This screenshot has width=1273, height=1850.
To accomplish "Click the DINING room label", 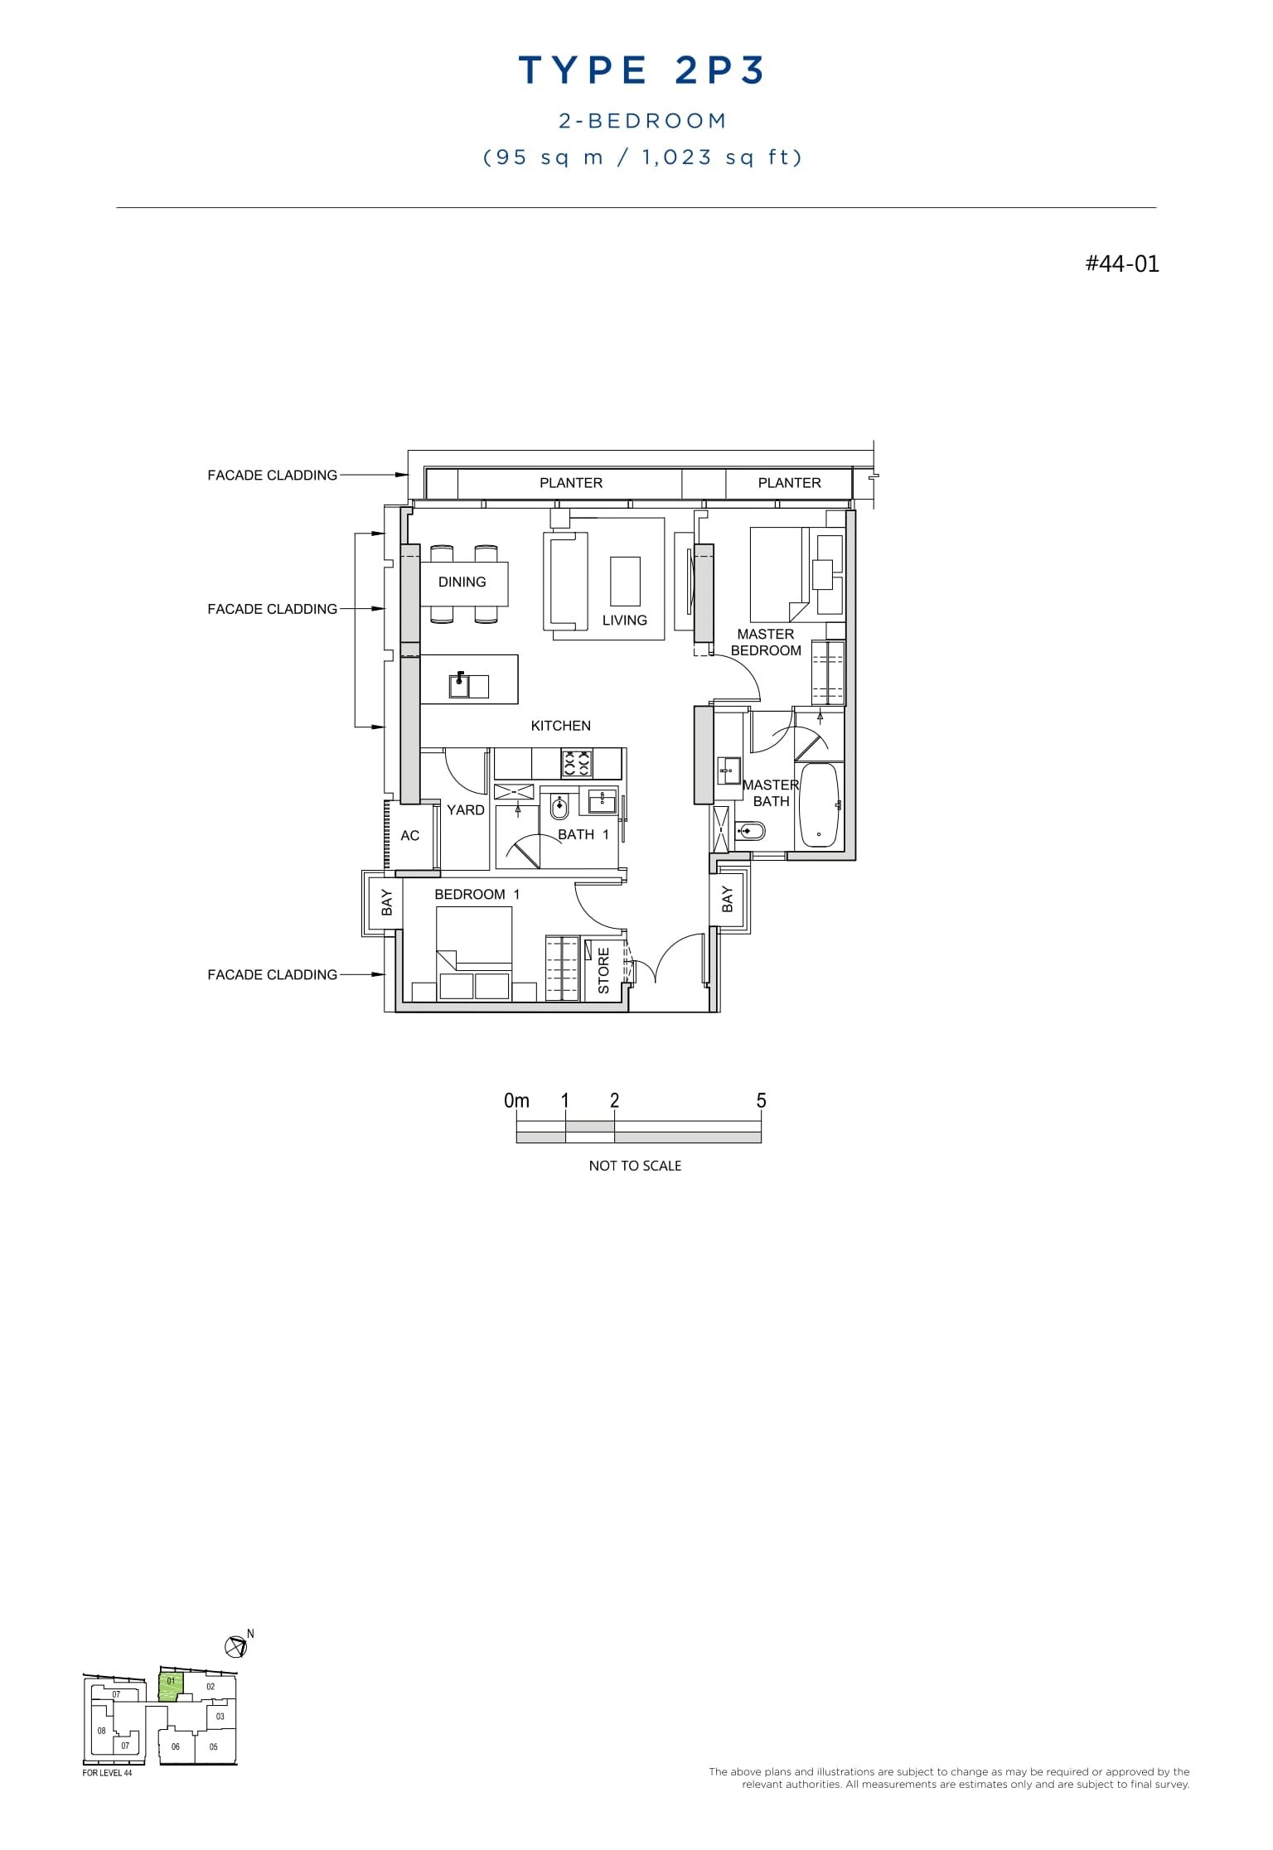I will pyautogui.click(x=462, y=582).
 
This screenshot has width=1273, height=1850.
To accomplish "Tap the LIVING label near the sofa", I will pyautogui.click(x=625, y=620).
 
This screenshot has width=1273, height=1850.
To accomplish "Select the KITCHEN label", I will pyautogui.click(x=561, y=726).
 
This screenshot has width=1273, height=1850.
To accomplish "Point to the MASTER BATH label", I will pyautogui.click(x=771, y=793).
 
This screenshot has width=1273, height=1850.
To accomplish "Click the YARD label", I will pyautogui.click(x=465, y=810).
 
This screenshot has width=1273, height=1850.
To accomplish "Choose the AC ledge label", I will pyautogui.click(x=409, y=835).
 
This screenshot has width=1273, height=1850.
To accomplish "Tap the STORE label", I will pyautogui.click(x=603, y=970).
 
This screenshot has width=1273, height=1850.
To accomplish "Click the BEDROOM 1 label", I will pyautogui.click(x=477, y=895).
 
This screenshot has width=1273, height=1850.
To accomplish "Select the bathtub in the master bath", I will pyautogui.click(x=819, y=804).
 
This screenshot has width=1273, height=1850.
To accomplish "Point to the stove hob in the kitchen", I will pyautogui.click(x=577, y=763).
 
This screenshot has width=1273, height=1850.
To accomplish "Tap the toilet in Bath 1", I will pyautogui.click(x=559, y=806).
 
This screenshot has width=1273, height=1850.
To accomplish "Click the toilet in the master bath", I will pyautogui.click(x=751, y=829).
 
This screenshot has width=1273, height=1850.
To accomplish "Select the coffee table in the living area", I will pyautogui.click(x=626, y=581).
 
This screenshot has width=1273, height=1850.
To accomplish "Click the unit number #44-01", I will pyautogui.click(x=1121, y=263).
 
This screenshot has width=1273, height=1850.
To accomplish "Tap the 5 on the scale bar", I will pyautogui.click(x=761, y=1101).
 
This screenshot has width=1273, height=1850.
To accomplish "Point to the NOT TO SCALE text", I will pyautogui.click(x=635, y=1166).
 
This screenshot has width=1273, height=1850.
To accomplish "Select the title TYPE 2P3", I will pyautogui.click(x=642, y=70).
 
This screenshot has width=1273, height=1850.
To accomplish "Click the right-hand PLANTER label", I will pyautogui.click(x=789, y=483).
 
